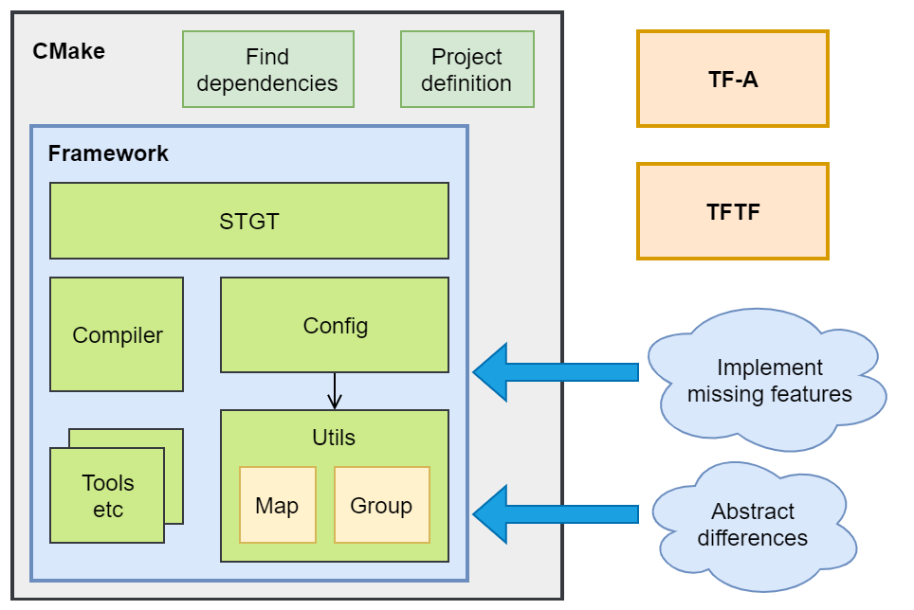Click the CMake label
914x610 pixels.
68,51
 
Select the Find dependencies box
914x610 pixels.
267,69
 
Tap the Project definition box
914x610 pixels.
466,69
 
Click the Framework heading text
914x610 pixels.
108,153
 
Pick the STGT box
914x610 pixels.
248,221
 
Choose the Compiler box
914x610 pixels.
117,334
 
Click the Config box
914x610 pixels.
335,325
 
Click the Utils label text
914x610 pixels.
334,437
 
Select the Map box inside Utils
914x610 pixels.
277,505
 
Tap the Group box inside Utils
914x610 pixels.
381,505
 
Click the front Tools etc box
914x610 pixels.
107,495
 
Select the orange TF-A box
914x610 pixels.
733,79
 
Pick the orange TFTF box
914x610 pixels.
733,211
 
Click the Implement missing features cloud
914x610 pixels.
769,381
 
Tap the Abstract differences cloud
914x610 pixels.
753,525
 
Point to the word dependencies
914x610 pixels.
267,83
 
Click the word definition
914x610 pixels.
466,83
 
